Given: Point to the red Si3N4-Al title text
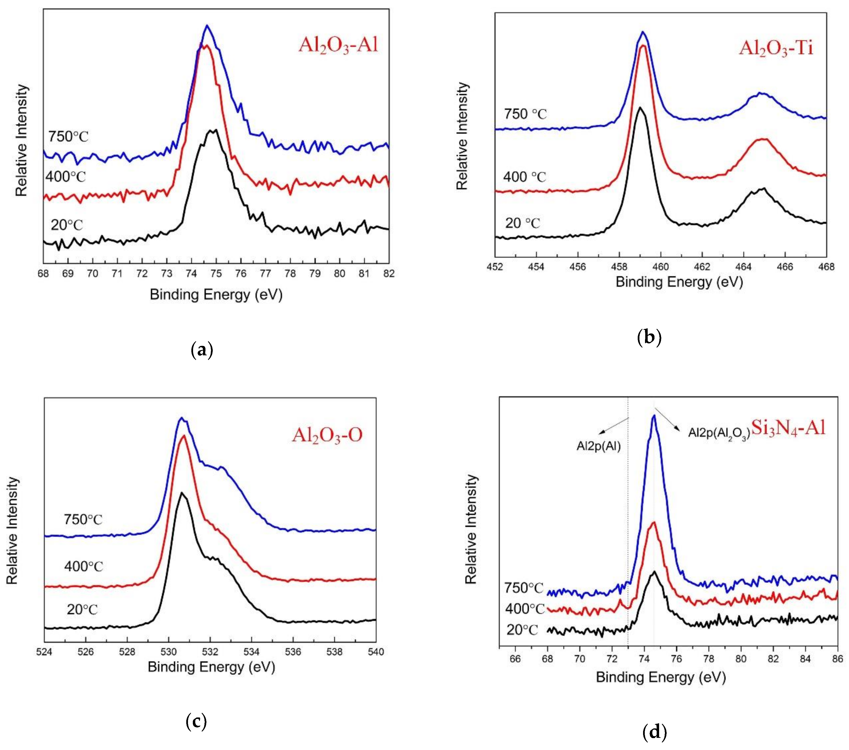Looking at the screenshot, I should [788, 428].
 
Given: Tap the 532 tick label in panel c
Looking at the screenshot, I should [210, 652].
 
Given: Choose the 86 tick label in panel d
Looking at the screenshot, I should [837, 659].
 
